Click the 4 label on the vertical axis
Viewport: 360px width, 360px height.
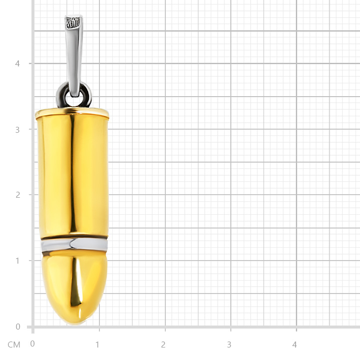click(17, 63)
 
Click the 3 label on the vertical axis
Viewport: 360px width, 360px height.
click(17, 130)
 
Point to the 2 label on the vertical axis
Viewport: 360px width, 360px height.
click(17, 195)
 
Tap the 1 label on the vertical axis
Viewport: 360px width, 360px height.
click(17, 261)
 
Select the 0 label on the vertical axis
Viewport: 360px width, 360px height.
click(18, 327)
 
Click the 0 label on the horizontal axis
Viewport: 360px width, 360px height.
click(32, 344)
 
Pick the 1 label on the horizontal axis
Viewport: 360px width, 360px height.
click(97, 345)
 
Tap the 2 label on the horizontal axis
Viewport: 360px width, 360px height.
click(163, 345)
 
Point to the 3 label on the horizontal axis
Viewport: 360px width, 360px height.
click(229, 345)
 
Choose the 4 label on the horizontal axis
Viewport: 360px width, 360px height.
click(294, 345)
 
